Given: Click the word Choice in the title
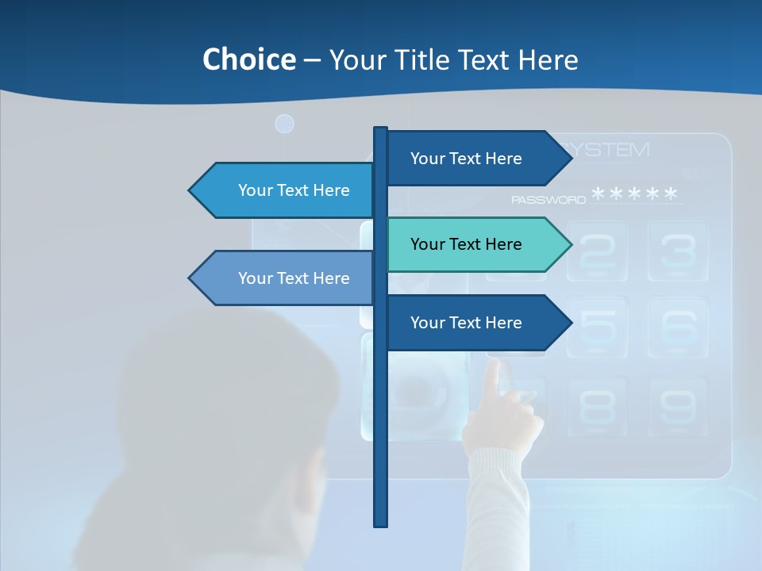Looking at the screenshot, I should (248, 59).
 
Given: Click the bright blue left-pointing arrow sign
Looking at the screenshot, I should (283, 190).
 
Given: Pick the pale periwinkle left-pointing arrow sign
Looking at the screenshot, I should (283, 278).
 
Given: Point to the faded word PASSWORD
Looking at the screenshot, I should (548, 200).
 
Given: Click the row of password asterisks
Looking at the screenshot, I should (635, 194).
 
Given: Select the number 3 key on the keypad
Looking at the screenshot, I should (678, 250).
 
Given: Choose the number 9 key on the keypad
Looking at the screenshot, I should (678, 406).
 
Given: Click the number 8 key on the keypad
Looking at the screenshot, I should (597, 406).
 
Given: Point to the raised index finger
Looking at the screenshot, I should (494, 381).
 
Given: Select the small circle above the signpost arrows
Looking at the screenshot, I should (284, 124).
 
